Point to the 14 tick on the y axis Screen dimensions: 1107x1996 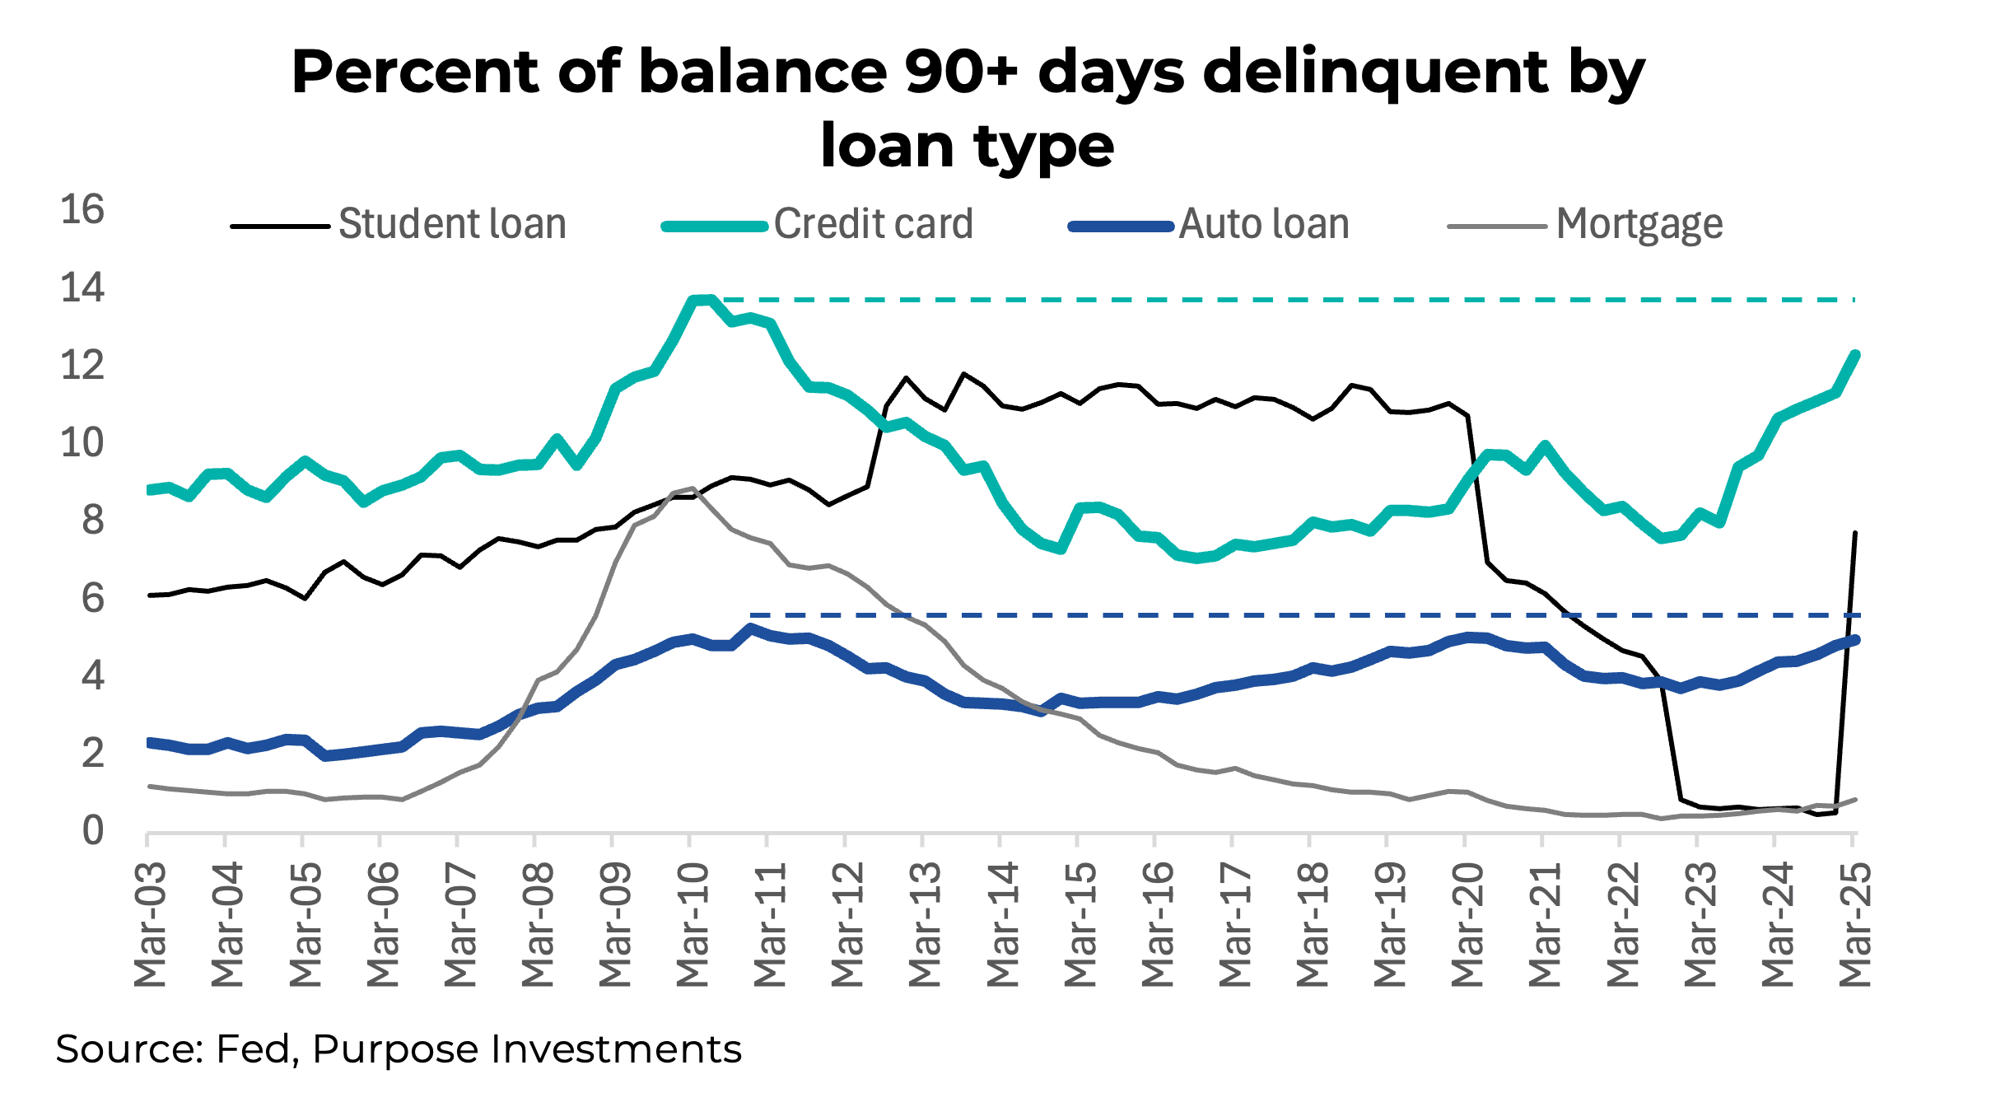pos(82,288)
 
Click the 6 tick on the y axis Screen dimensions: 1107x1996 pos(92,599)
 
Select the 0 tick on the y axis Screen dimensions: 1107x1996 pos(92,831)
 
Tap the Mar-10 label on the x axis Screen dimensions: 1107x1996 pos(693,924)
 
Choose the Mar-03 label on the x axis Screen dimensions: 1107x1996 pos(151,924)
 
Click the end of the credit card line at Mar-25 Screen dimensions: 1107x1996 pos(1855,354)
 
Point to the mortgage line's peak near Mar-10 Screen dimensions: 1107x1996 pos(693,488)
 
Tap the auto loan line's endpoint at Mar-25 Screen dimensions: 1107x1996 pos(1855,639)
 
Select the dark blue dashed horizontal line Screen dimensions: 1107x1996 pos(1235,614)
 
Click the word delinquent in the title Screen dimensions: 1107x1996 pos(1375,72)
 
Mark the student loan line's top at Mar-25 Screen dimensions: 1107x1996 pos(1854,533)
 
